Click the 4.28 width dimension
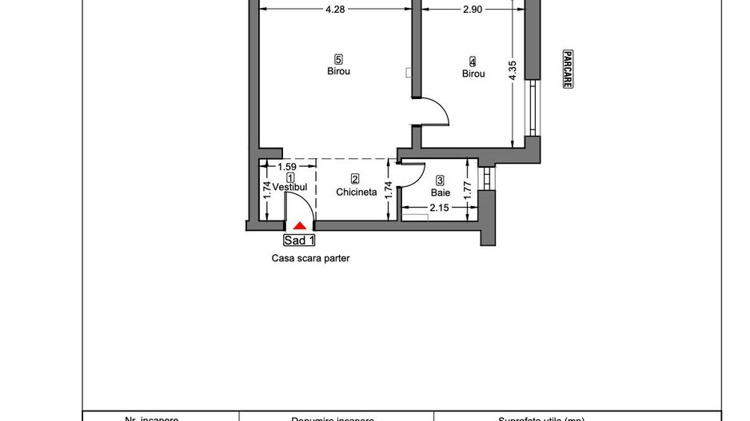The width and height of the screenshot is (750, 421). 335,10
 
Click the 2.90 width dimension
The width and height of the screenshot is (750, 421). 472,10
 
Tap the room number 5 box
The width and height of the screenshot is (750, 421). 339,59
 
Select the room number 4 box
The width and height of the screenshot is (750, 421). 473,62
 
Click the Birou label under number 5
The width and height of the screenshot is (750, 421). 339,71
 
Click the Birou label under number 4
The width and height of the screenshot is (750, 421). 473,73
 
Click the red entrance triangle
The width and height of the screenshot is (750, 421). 299,227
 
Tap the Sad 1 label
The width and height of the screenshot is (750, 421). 300,240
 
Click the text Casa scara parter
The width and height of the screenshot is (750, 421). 309,258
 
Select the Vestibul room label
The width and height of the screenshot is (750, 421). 290,187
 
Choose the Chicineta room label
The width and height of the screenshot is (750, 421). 356,192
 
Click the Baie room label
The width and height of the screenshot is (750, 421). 441,193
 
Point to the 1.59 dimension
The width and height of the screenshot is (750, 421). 287,167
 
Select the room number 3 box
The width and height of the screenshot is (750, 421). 441,181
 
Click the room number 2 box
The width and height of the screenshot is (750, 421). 355,180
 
